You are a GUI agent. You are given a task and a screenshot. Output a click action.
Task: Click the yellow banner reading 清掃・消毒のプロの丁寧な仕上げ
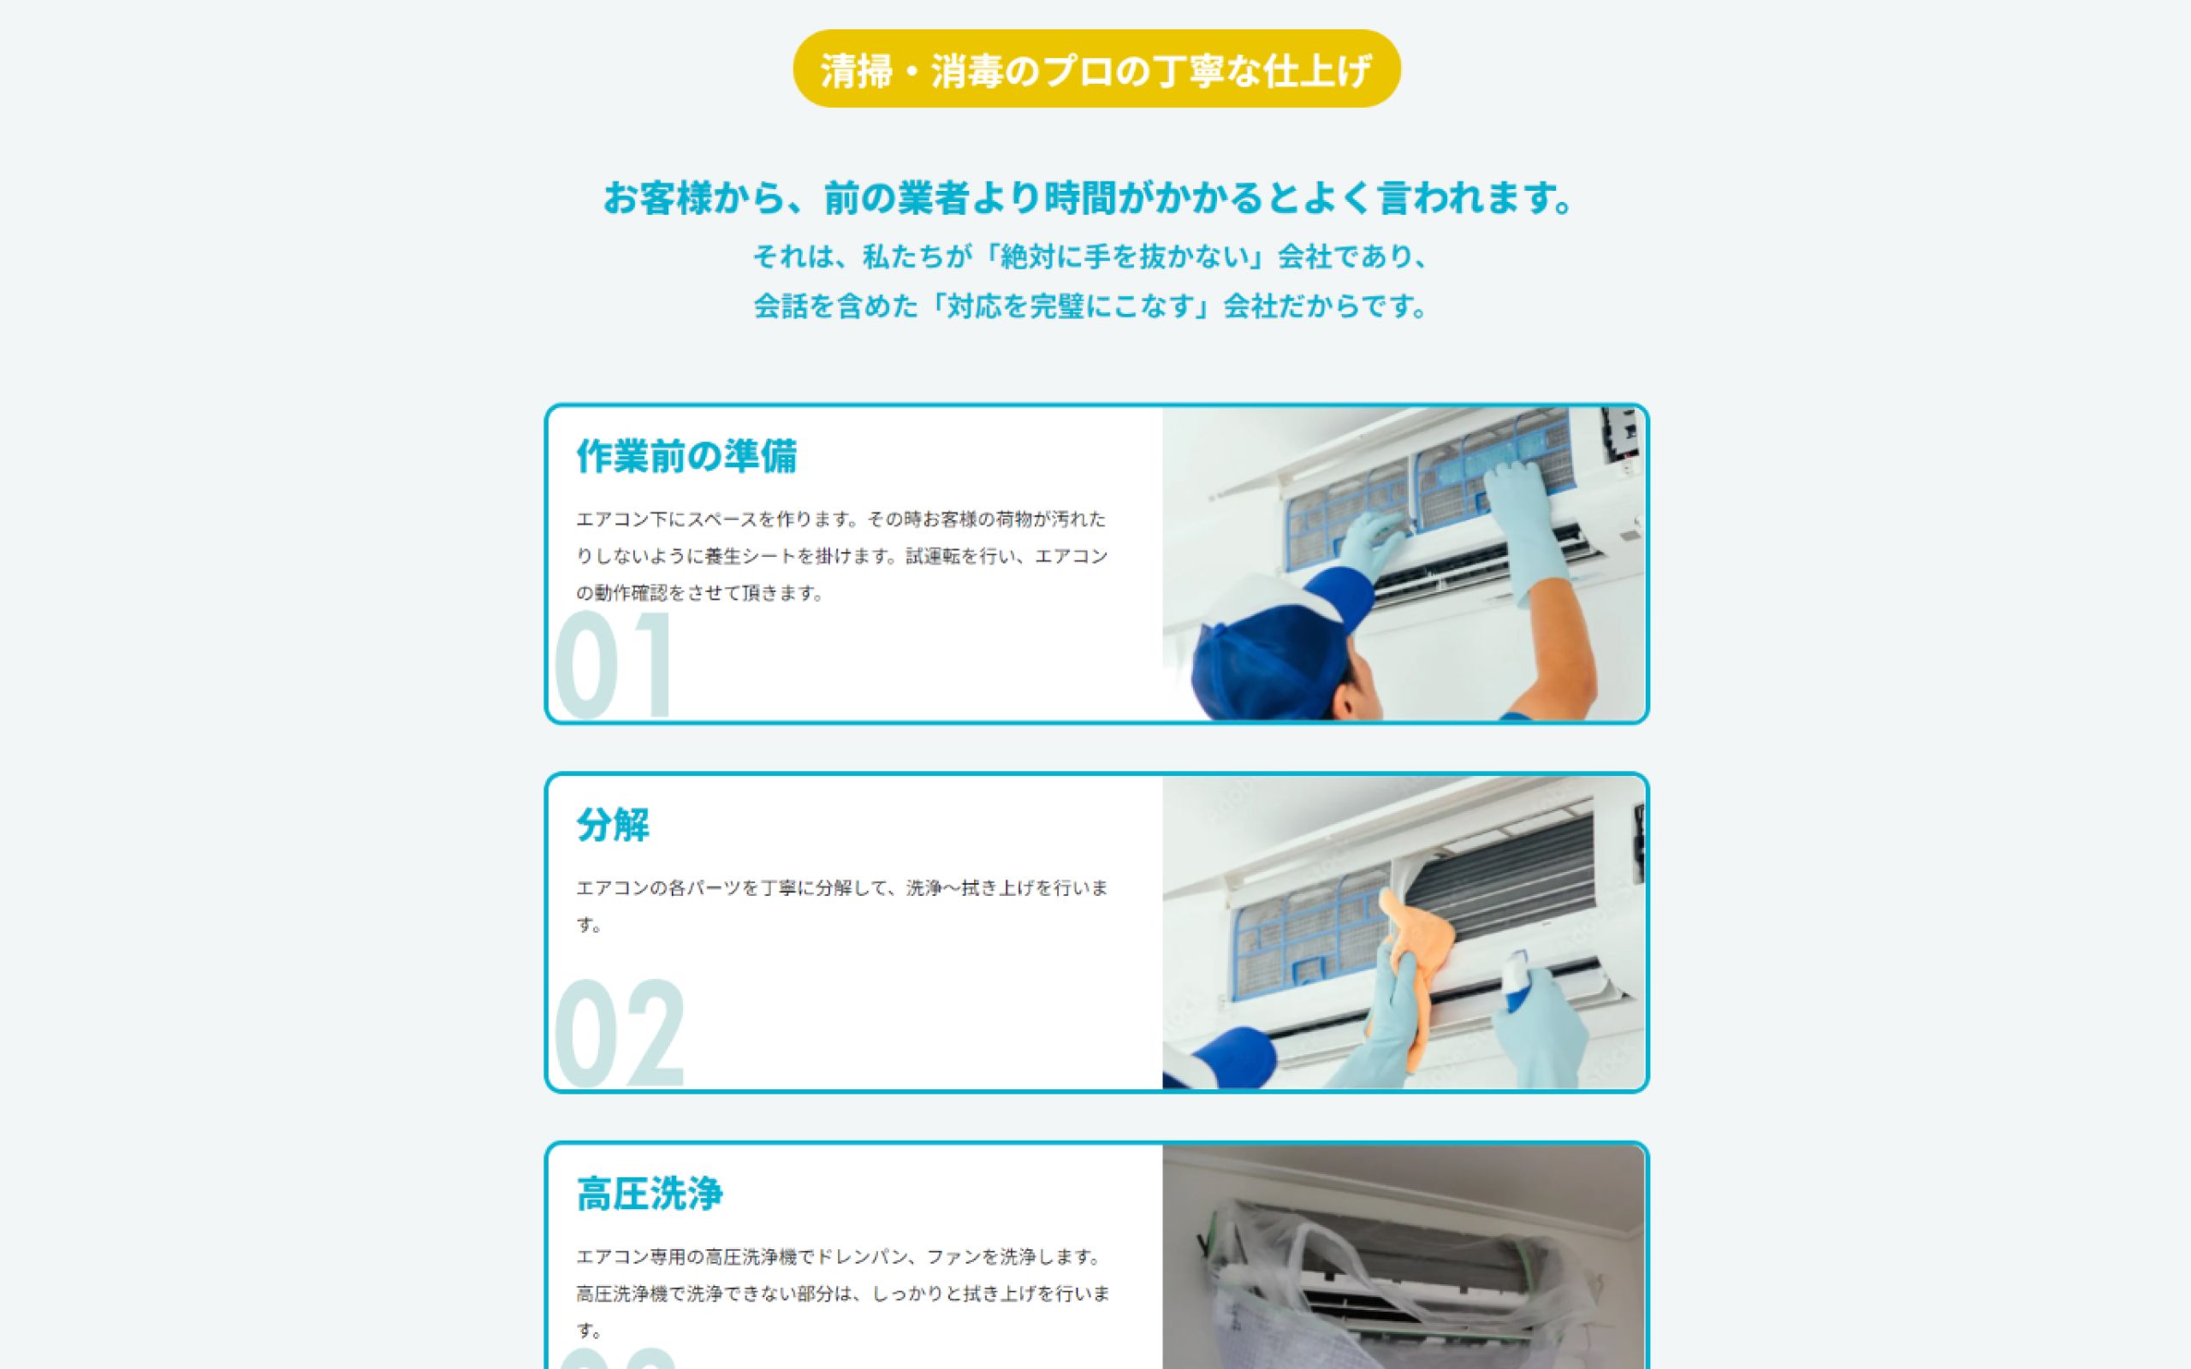pos(1096,68)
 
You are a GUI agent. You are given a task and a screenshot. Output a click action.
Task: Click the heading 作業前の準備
pos(686,456)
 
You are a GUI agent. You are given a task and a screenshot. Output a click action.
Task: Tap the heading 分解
pos(613,825)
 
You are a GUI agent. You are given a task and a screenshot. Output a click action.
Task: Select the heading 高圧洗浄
pos(649,1194)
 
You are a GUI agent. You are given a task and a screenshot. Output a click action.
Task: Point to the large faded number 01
pos(614,666)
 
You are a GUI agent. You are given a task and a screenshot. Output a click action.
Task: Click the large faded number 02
pos(620,1033)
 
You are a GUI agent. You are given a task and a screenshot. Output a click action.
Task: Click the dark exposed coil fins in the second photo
pos(1503,887)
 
